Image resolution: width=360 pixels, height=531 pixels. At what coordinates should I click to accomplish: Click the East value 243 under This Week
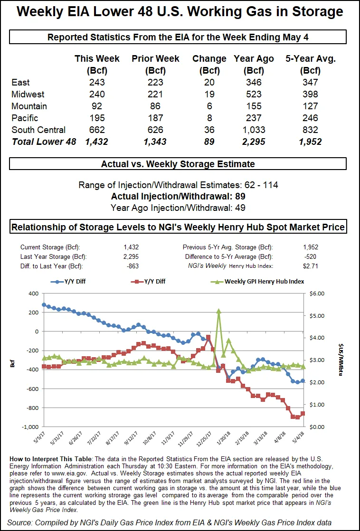(x=97, y=83)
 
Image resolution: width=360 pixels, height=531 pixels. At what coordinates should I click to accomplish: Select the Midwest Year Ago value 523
(x=254, y=95)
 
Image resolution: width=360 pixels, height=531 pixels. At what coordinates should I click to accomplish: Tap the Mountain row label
(x=29, y=106)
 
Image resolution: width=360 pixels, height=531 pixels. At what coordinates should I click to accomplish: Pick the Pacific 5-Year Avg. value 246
(x=311, y=118)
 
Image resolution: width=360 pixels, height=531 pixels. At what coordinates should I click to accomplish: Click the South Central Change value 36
(x=209, y=130)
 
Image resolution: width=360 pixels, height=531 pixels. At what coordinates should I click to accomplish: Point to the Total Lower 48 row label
(x=44, y=142)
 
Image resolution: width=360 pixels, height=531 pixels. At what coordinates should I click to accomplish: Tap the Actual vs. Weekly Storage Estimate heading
(x=178, y=164)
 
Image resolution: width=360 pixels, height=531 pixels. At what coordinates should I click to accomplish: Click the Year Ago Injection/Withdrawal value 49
(x=240, y=208)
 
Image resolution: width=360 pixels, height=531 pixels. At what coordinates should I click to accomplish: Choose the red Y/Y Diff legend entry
(x=152, y=281)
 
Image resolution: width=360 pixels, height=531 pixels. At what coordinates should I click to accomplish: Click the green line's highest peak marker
(x=218, y=311)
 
